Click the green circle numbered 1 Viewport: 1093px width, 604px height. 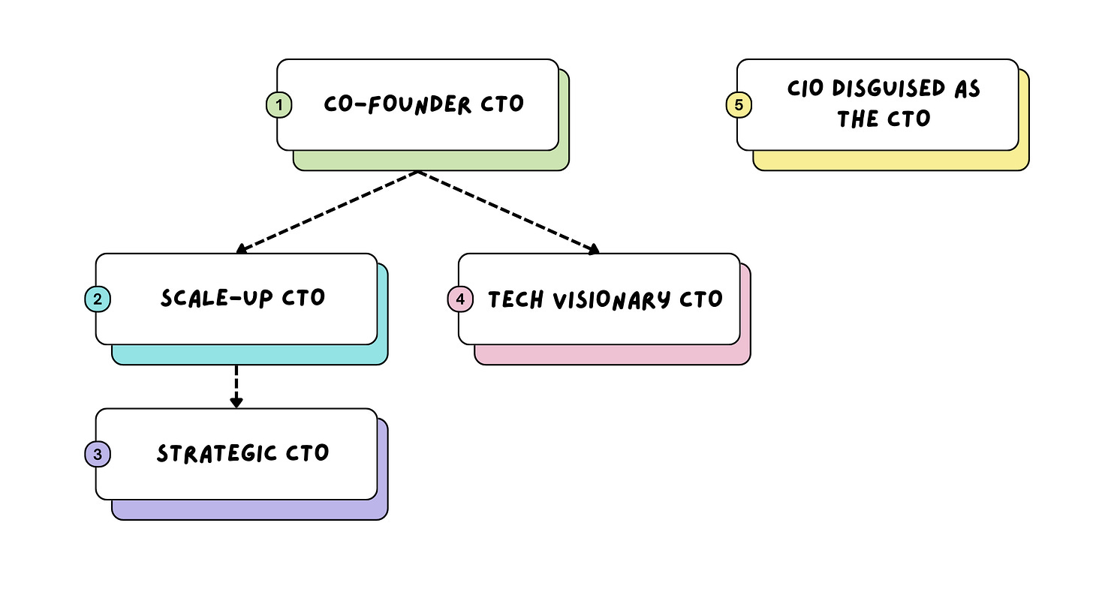279,105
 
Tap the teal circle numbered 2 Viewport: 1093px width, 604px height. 98,299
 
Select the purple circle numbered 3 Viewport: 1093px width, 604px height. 98,454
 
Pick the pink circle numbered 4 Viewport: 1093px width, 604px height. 460,299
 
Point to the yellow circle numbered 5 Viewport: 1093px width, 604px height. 739,105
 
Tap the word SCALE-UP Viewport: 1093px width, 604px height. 207,298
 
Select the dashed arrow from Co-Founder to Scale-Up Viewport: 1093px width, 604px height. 327,212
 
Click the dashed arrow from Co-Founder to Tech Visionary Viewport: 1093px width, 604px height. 507,212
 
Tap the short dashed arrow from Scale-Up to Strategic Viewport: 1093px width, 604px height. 236,383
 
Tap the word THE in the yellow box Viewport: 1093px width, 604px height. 858,119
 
